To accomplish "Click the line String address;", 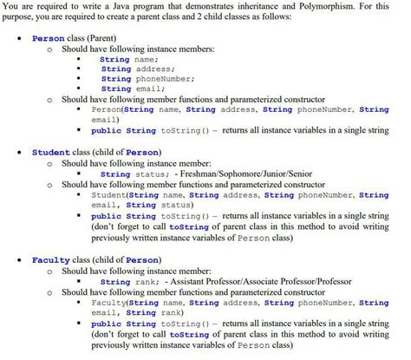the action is (x=137, y=69).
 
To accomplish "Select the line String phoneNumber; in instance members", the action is (x=147, y=79).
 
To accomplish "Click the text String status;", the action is (x=134, y=173).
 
